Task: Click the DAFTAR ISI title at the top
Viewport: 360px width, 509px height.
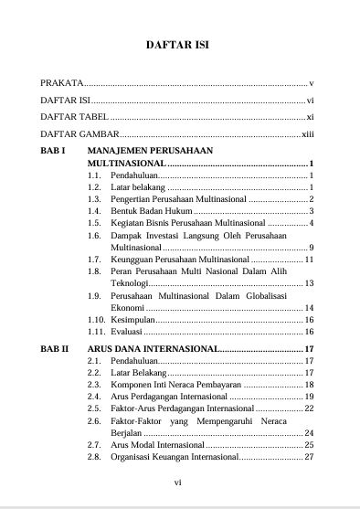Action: point(179,44)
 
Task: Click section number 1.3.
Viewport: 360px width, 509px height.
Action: point(94,198)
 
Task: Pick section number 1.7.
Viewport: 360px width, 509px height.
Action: point(94,260)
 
